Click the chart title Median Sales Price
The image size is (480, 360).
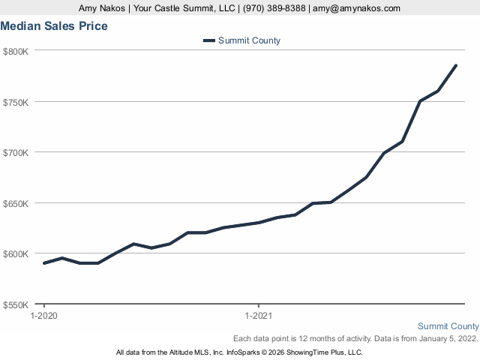54,26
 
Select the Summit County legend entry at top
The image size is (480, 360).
248,40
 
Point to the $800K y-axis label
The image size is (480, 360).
15,51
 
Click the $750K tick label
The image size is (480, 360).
15,102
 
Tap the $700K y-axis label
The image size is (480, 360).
15,152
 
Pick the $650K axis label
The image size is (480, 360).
15,203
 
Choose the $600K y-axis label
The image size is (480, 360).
15,253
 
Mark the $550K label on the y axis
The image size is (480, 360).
15,304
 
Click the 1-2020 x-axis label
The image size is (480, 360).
44,316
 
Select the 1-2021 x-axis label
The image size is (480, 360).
259,316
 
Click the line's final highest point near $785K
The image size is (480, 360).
456,65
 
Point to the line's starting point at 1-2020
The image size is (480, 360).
44,263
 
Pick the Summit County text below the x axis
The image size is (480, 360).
448,326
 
